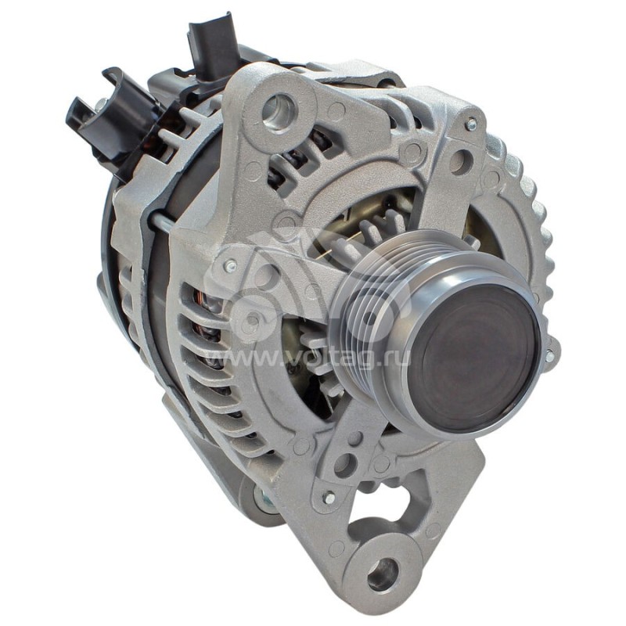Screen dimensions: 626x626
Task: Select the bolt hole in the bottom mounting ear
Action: pos(381,574)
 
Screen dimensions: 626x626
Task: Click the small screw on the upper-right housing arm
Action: pos(470,124)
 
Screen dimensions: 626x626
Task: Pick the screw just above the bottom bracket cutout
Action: pos(329,498)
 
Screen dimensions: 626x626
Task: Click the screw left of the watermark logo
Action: pos(230,267)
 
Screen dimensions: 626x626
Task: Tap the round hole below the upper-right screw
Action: pos(459,162)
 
